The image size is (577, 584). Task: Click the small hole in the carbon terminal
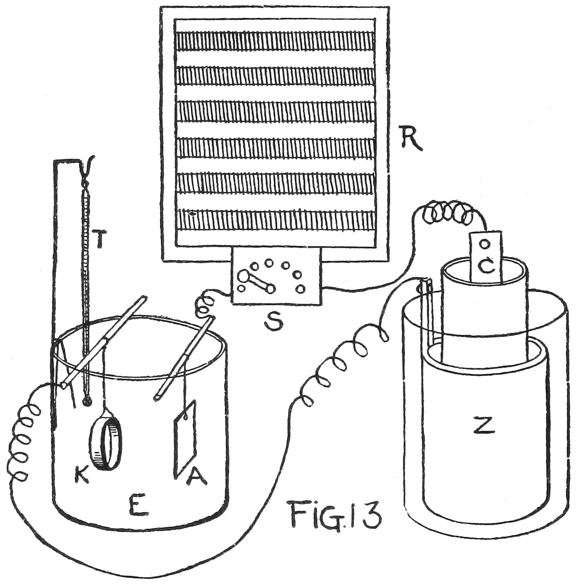tap(484, 244)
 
